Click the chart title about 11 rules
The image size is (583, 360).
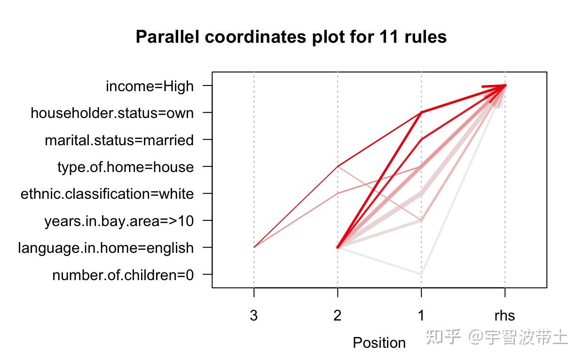point(291,37)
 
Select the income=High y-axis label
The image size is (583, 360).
point(150,86)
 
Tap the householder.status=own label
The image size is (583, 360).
point(112,113)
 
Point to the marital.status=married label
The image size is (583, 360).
point(119,141)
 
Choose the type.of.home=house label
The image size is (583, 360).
point(125,167)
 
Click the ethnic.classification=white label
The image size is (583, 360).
point(107,194)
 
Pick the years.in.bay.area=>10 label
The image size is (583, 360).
point(118,221)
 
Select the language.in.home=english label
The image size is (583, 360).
point(105,248)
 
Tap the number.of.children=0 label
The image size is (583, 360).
point(123,275)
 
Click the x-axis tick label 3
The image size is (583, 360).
point(254,315)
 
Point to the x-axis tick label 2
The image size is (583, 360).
point(338,315)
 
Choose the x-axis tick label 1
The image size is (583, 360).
point(421,315)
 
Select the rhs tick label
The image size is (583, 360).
point(504,315)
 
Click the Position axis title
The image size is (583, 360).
point(379,343)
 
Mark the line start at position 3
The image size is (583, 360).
point(254,247)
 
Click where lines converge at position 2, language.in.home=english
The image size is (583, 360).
point(338,247)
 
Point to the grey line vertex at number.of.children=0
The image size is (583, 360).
point(421,274)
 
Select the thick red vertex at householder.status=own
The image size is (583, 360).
point(421,113)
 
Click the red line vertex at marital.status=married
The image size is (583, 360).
point(421,140)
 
